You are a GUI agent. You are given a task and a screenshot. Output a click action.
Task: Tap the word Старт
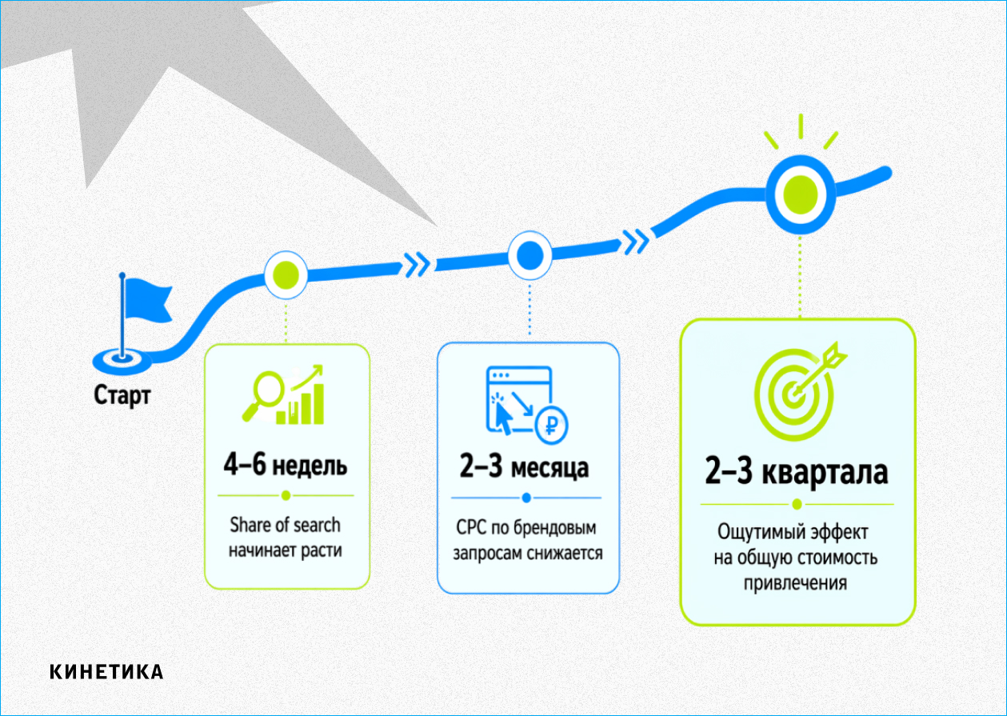pyautogui.click(x=122, y=395)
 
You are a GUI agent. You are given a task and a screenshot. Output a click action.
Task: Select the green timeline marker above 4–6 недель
pyautogui.click(x=286, y=274)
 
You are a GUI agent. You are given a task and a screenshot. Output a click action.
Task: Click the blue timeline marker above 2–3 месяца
pyautogui.click(x=529, y=257)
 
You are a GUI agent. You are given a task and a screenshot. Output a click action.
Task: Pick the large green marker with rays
pyautogui.click(x=799, y=192)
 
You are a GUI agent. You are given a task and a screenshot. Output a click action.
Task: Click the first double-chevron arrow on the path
pyautogui.click(x=416, y=262)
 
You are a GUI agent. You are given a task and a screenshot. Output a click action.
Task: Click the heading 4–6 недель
pyautogui.click(x=286, y=466)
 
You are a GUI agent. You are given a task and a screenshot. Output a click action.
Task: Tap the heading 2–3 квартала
pyautogui.click(x=796, y=472)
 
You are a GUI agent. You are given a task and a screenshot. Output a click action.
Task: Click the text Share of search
pyautogui.click(x=285, y=525)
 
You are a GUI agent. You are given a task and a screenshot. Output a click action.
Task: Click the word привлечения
pyautogui.click(x=795, y=582)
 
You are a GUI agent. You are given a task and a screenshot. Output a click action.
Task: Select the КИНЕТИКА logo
pyautogui.click(x=106, y=672)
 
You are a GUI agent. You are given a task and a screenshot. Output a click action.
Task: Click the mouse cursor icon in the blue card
pyautogui.click(x=503, y=414)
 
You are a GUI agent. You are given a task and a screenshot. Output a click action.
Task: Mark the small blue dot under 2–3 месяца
pyautogui.click(x=526, y=498)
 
